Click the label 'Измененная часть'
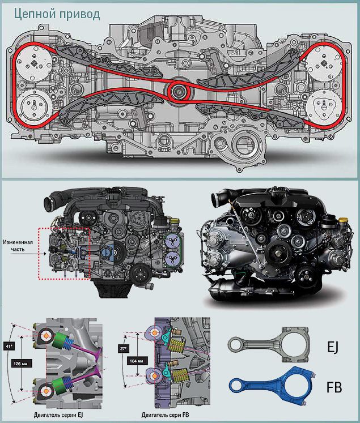[20, 245]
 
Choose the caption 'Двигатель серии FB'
[166, 415]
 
